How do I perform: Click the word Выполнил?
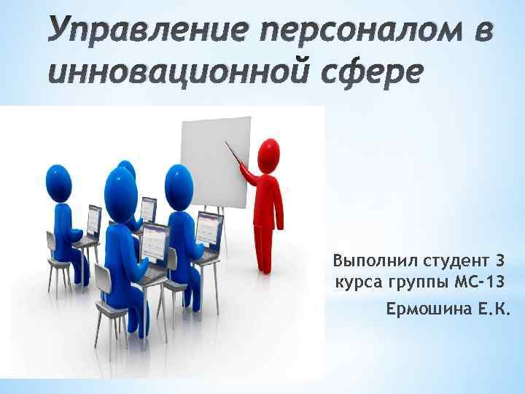365,260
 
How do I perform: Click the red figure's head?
268,154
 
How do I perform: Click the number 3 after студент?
499,260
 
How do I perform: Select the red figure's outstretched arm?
250,176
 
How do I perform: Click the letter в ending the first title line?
484,34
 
